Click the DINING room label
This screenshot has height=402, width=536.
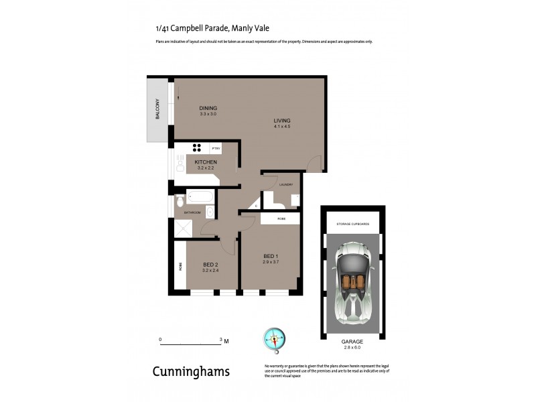pyautogui.click(x=208, y=108)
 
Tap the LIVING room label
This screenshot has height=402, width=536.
pyautogui.click(x=281, y=121)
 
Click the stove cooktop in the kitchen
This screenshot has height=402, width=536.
pyautogui.click(x=198, y=148)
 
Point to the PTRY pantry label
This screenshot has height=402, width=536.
pyautogui.click(x=216, y=148)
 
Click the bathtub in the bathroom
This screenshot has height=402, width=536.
pyautogui.click(x=201, y=197)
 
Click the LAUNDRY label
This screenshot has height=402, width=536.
pyautogui.click(x=287, y=184)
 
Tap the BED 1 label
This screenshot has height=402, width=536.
pyautogui.click(x=270, y=256)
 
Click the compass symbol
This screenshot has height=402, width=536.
pyautogui.click(x=274, y=339)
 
